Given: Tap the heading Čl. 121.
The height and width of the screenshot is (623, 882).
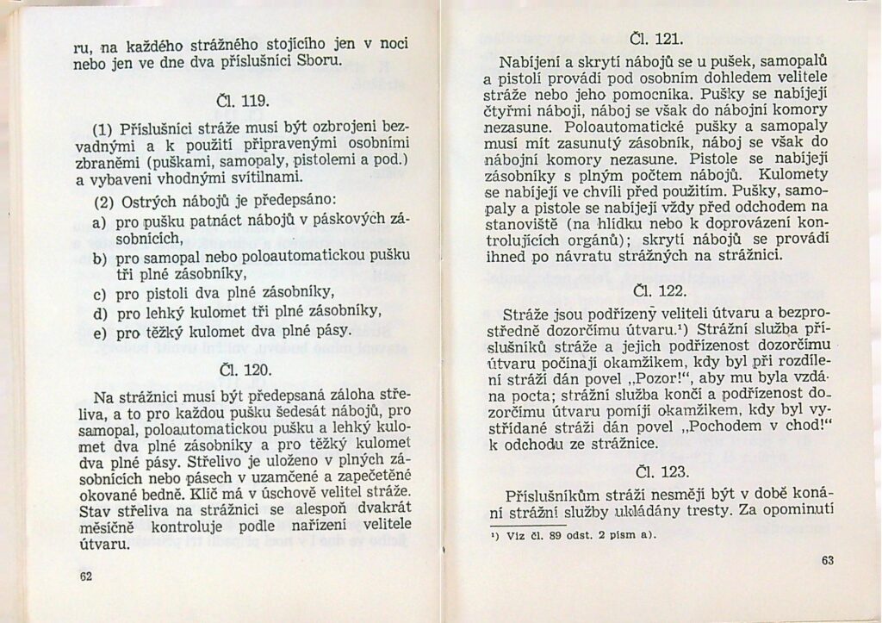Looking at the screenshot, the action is point(656,39).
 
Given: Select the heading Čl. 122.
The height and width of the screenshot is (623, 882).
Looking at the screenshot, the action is point(656,290).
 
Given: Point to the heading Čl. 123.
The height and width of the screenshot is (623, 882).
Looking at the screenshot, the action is point(656,471).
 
